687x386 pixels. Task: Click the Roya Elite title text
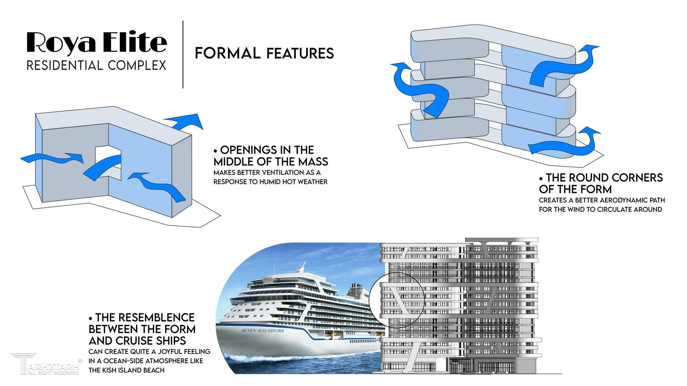click(x=97, y=43)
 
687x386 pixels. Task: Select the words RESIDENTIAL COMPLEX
click(x=97, y=65)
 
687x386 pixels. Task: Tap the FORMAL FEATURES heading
click(x=264, y=53)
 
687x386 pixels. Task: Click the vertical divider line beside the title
click(x=183, y=54)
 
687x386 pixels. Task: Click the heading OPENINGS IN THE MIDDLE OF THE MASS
click(x=271, y=155)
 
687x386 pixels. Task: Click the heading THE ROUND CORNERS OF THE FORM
click(x=601, y=183)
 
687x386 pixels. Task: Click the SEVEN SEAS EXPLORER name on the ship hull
click(x=262, y=331)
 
